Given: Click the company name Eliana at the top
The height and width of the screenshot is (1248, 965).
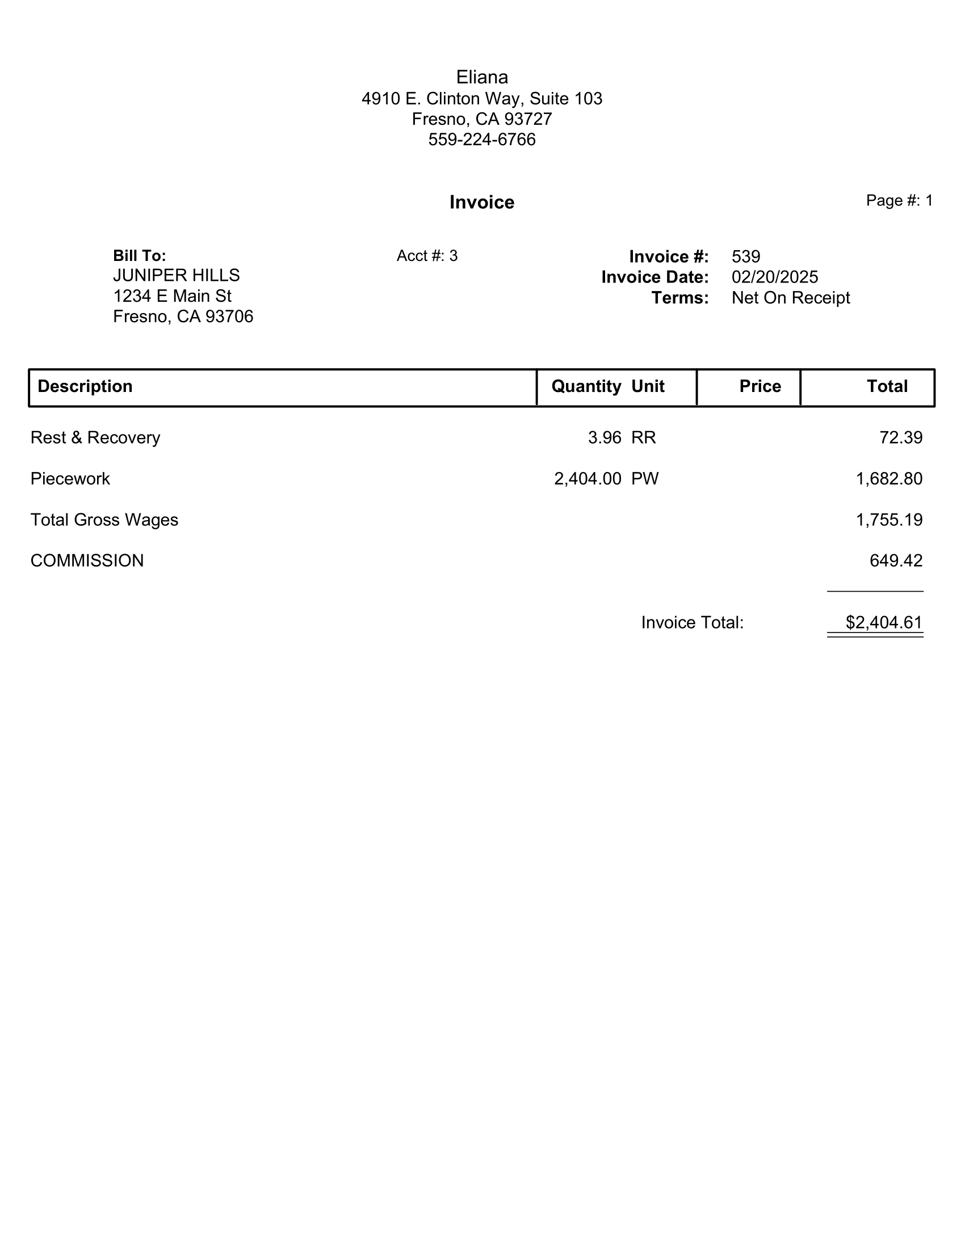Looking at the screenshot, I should (x=482, y=77).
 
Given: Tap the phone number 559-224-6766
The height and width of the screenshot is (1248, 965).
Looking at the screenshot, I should (x=482, y=140).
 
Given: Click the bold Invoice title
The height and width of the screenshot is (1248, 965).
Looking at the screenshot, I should (x=482, y=203).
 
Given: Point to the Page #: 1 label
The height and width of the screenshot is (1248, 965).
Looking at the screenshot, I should (x=899, y=201).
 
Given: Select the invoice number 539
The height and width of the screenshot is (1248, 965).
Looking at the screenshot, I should (x=746, y=256).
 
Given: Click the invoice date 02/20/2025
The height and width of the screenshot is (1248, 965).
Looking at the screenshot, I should (x=775, y=277).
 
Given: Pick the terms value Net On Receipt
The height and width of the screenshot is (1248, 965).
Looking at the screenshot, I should (x=791, y=298).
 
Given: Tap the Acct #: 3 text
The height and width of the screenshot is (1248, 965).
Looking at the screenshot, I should (x=427, y=256).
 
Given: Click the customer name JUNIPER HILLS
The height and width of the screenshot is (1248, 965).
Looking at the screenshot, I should (x=176, y=276).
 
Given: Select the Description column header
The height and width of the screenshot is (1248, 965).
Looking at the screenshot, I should (x=85, y=386).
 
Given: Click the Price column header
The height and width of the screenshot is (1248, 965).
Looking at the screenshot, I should (x=760, y=386).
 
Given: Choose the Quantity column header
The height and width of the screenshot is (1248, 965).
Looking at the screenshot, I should (x=586, y=386).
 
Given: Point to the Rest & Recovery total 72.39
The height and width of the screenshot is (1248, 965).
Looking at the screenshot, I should (x=901, y=438).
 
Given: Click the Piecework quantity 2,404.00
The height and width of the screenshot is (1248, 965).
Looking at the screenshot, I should (x=588, y=479).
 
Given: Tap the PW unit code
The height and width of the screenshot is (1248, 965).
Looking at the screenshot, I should (x=645, y=479).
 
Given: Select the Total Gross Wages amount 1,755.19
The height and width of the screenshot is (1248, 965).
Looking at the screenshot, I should (x=889, y=520).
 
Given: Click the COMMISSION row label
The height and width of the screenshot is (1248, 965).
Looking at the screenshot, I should (x=87, y=560).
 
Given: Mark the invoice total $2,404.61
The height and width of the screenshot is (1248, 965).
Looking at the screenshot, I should (x=884, y=622).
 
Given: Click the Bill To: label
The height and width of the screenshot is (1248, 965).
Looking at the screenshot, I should (x=140, y=255).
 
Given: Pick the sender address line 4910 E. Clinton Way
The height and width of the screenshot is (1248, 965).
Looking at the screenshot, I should (x=482, y=99).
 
